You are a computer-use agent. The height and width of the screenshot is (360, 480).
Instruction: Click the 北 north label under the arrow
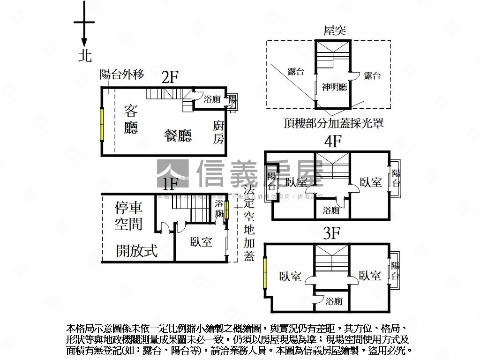click(x=85, y=56)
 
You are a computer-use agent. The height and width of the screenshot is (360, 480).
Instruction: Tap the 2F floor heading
click(x=171, y=77)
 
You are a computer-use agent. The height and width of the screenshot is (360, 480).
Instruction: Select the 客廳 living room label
click(x=131, y=119)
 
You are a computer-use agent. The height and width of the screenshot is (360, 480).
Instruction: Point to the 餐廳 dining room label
click(x=178, y=135)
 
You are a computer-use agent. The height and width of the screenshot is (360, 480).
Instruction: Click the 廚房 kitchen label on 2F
click(x=218, y=132)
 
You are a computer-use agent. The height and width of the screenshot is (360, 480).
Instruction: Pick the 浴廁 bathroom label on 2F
click(x=212, y=99)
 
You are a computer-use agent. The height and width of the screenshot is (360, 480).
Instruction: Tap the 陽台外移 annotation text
click(x=122, y=74)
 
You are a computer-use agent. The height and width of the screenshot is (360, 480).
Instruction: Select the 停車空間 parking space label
click(x=129, y=216)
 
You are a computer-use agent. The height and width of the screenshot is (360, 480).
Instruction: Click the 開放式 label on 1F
click(x=136, y=251)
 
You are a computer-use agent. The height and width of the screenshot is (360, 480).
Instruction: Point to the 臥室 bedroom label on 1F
click(x=201, y=242)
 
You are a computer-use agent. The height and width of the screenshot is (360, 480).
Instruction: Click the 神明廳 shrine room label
click(x=334, y=87)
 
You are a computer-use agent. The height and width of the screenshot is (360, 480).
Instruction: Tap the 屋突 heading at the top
click(x=335, y=31)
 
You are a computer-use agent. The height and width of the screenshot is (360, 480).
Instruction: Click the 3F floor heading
click(x=331, y=234)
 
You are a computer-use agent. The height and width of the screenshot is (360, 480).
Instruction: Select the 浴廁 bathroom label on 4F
click(x=331, y=210)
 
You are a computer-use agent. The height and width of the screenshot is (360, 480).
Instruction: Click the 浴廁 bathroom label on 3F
click(x=334, y=301)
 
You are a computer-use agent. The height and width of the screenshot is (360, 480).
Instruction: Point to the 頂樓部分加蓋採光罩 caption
click(x=333, y=123)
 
